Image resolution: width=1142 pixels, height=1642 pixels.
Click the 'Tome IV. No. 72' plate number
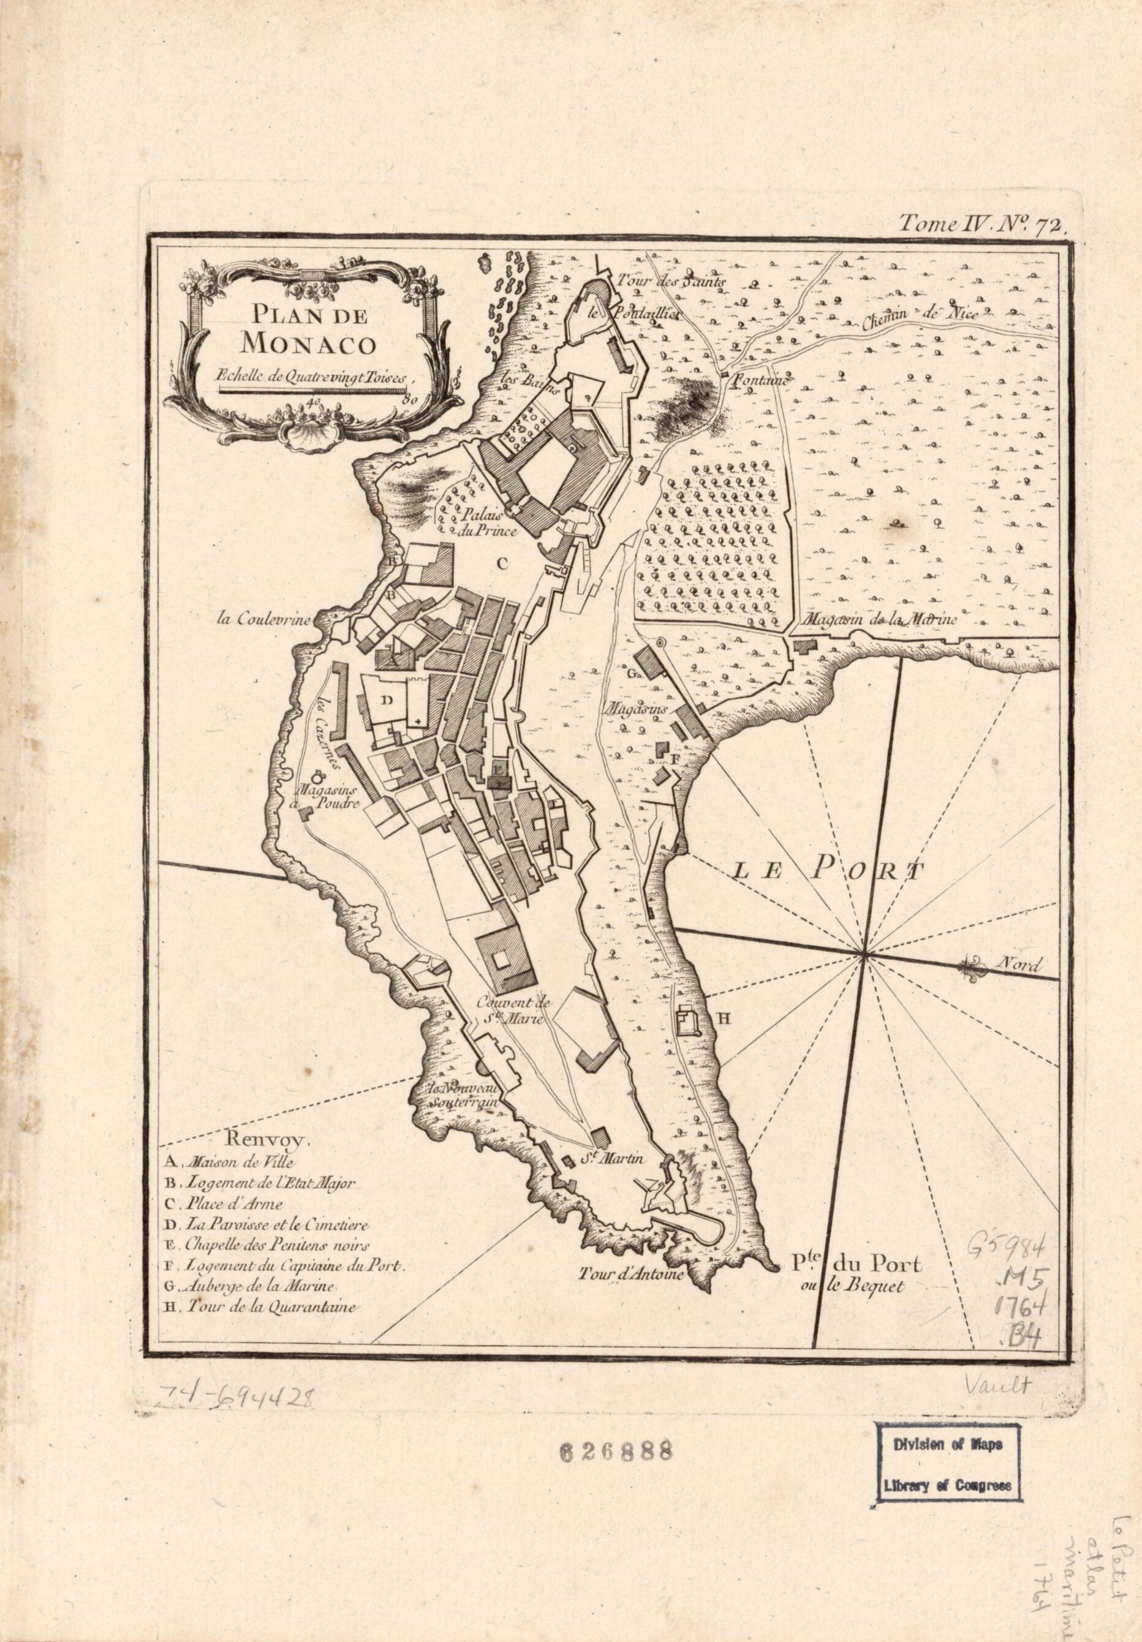pos(983,224)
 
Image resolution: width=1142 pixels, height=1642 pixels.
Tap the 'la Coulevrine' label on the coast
pos(265,620)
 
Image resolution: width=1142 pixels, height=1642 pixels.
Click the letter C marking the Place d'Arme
pos(502,563)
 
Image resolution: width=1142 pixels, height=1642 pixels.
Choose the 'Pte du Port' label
pos(856,1264)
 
